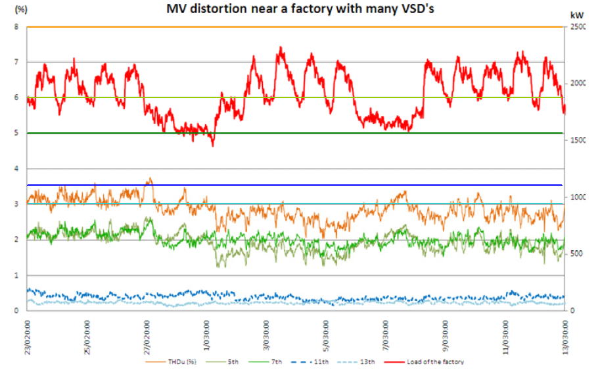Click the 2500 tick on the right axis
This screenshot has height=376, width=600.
578,27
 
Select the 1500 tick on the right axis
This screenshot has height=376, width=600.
578,141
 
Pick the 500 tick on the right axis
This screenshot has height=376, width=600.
576,254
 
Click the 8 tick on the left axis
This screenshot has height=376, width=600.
17,27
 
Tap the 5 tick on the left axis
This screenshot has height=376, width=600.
17,134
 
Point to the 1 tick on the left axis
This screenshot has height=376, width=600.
17,275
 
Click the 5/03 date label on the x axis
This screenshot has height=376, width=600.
326,335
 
